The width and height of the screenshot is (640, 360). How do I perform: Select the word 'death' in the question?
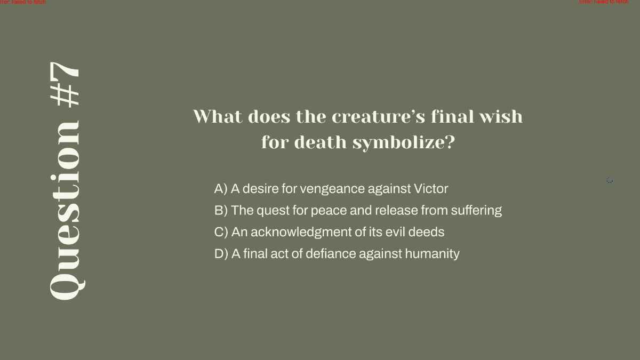coord(315,142)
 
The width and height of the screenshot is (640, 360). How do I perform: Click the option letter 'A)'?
coord(221,189)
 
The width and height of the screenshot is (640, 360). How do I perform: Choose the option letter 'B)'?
coord(221,211)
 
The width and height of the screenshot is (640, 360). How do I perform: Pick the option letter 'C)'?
coord(221,232)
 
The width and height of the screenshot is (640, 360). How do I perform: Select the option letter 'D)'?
coord(221,254)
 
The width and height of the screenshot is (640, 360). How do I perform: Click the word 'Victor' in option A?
coord(431,189)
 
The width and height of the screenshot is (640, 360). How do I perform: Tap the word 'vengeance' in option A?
coord(326,189)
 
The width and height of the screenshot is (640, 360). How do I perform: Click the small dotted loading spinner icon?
coord(610,181)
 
